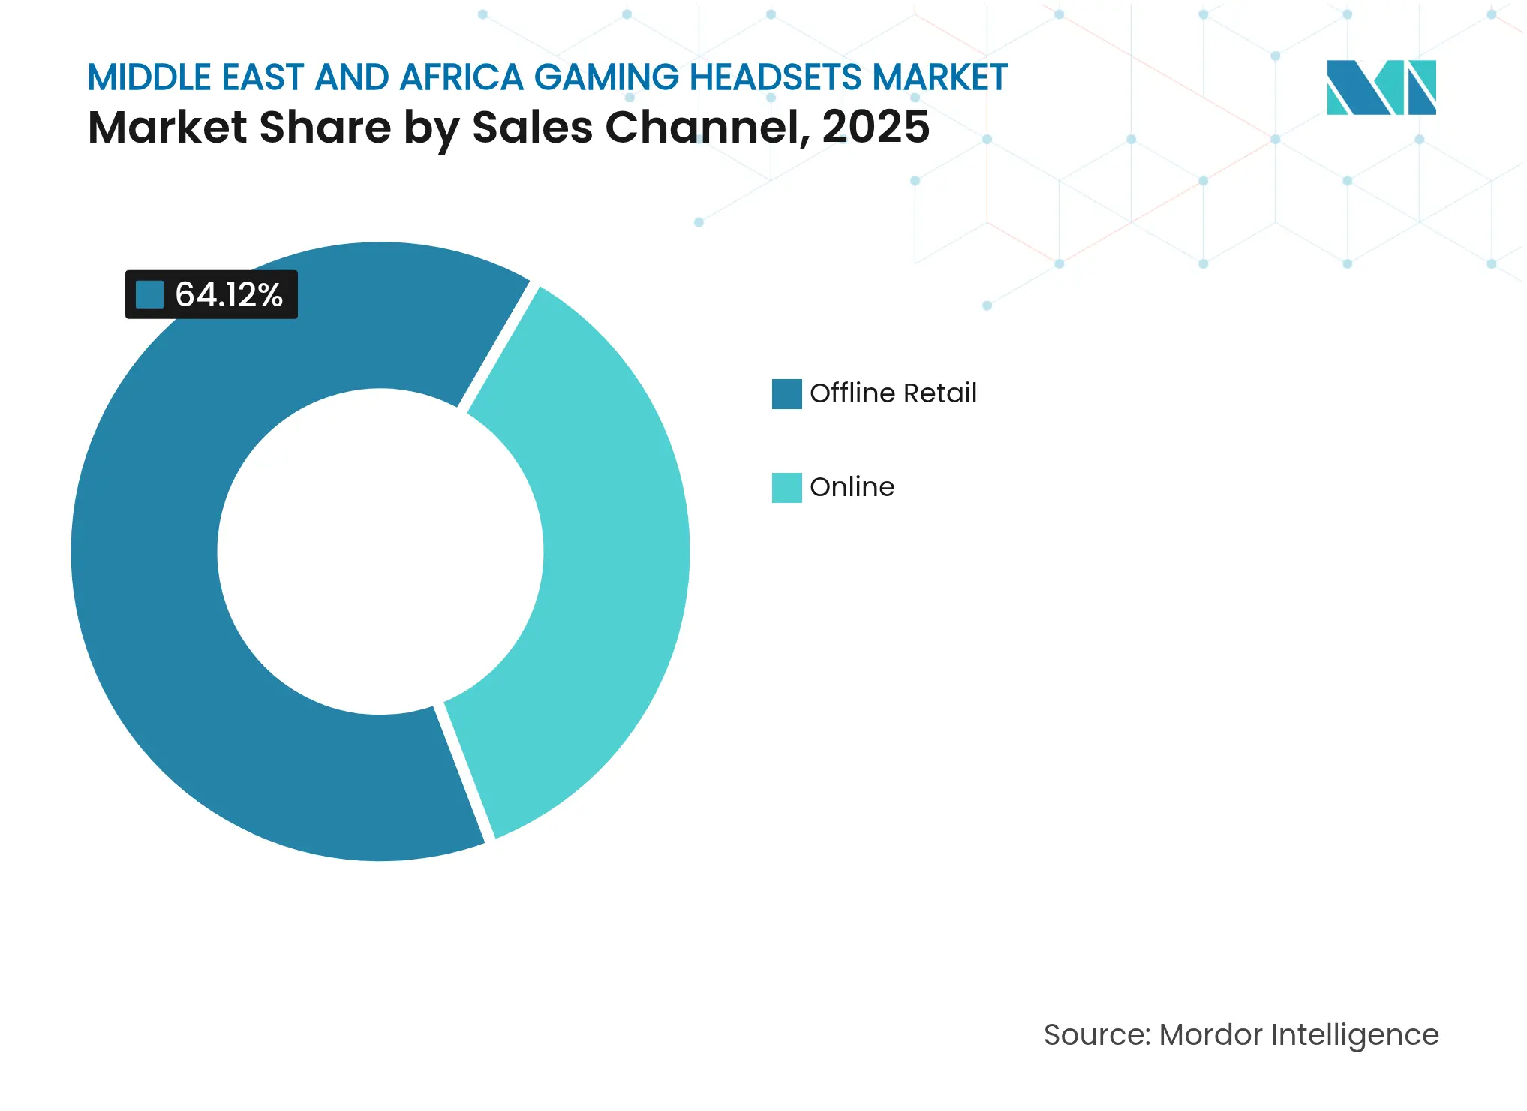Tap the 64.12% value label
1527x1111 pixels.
pos(229,294)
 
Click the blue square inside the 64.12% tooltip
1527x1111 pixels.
pos(149,294)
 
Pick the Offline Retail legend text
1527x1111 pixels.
pos(893,393)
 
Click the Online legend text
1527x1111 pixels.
pos(852,487)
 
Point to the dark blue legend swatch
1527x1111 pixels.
pos(786,394)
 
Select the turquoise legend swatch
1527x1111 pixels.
pos(786,488)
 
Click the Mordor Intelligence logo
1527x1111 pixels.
pos(1381,87)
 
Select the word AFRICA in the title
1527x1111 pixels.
pos(461,78)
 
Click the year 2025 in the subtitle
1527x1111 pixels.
pos(876,127)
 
